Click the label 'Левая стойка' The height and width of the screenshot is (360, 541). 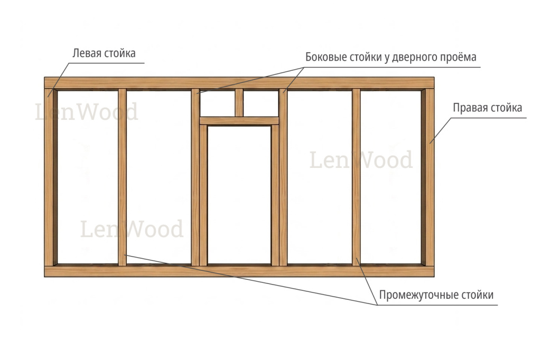coord(104,53)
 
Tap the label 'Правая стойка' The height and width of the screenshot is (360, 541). coord(487,108)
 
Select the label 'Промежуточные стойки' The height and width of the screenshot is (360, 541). coord(436,295)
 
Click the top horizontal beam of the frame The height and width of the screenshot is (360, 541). coord(239,83)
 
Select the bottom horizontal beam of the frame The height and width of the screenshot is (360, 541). coord(239,271)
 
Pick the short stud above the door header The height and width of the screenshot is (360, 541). coord(239,103)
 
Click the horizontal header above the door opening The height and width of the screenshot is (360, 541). coord(239,121)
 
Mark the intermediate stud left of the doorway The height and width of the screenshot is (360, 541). coord(122,177)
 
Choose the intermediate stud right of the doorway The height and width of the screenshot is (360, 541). coord(356,177)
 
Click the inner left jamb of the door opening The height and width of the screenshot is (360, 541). coord(203,195)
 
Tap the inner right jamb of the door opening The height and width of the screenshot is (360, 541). coord(275,195)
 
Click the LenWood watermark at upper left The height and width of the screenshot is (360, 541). coord(87,112)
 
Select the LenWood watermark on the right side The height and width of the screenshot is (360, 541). coord(361,159)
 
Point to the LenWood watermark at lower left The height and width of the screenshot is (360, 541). coord(132,229)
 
